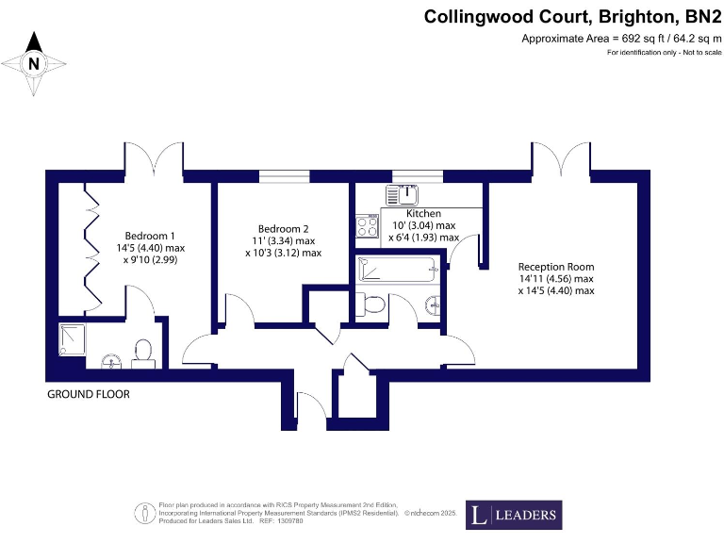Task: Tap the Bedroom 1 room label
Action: [x=151, y=236]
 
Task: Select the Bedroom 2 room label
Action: [x=284, y=229]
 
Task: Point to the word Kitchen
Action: [x=424, y=214]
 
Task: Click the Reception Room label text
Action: [x=556, y=267]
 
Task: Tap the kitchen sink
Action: [x=407, y=195]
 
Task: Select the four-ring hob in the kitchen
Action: [x=366, y=226]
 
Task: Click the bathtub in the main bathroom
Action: [x=398, y=271]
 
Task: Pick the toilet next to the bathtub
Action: [x=370, y=304]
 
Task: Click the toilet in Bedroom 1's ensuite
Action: [x=143, y=351]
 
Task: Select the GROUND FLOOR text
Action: [x=89, y=394]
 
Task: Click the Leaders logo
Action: [x=514, y=516]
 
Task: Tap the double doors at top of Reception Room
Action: [x=566, y=157]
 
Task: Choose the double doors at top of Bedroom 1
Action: [x=153, y=157]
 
